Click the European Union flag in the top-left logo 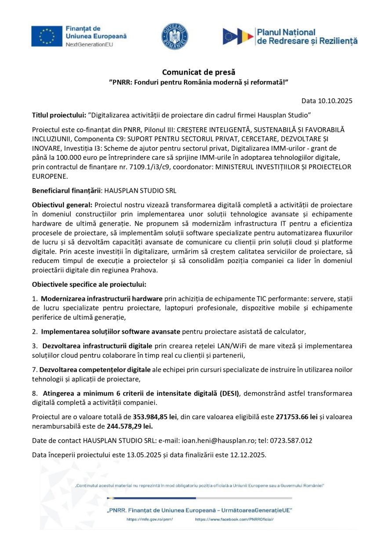point(47,36)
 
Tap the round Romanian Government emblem point(174,36)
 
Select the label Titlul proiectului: point(59,115)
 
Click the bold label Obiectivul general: point(62,205)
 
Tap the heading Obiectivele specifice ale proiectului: point(89,284)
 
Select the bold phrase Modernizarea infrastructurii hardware point(102,299)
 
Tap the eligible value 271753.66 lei point(296,417)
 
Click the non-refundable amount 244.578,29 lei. point(130,426)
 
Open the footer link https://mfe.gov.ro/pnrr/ point(149,519)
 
